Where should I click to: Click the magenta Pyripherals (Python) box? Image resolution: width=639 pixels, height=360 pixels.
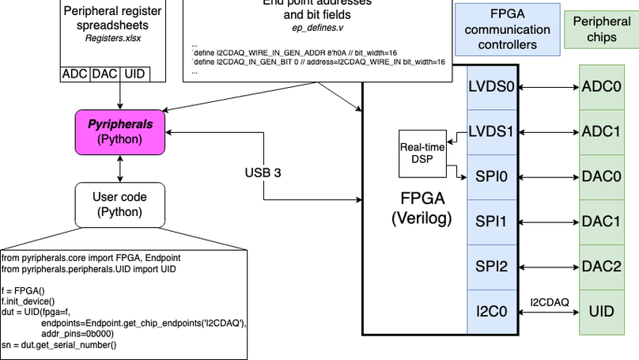click(119, 131)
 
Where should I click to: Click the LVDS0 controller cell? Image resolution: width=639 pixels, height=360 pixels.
click(491, 86)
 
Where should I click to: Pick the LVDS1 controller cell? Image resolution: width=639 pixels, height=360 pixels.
click(491, 131)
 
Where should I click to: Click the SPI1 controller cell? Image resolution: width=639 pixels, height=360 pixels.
click(491, 221)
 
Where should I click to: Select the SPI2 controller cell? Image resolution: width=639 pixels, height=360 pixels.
click(491, 266)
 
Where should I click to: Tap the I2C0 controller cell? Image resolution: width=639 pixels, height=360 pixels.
click(491, 311)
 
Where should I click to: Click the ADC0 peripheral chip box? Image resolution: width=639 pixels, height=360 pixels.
click(601, 86)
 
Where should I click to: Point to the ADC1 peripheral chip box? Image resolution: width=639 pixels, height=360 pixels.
click(601, 131)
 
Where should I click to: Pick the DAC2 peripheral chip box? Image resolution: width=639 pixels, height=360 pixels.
click(601, 266)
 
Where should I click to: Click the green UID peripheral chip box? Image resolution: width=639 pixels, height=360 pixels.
click(601, 311)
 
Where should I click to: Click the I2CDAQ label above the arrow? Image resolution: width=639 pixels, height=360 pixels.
click(549, 301)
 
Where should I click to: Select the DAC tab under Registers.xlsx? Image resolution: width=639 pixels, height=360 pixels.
click(104, 74)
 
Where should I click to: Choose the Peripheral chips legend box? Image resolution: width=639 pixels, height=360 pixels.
click(601, 30)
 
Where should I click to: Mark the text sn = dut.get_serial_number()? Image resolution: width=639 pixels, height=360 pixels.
click(59, 344)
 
